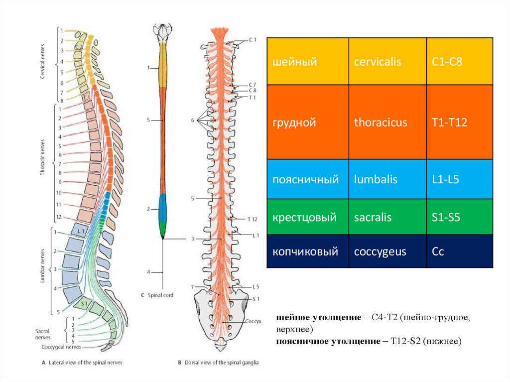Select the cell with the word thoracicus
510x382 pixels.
pos(381,123)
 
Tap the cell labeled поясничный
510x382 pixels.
pos(305,179)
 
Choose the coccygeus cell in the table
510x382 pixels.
pos(380,252)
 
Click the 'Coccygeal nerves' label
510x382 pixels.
pos(61,347)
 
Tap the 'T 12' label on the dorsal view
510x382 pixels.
pos(252,219)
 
